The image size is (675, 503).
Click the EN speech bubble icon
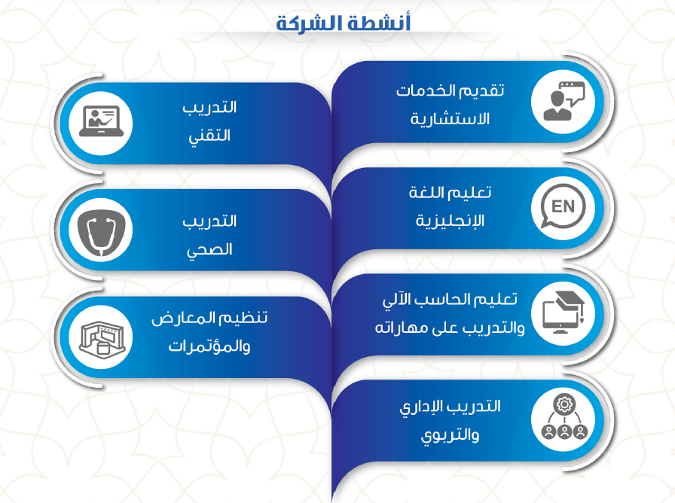pyautogui.click(x=563, y=206)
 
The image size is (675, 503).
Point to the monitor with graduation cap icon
pyautogui.click(x=563, y=312)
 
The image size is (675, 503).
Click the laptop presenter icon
pyautogui.click(x=101, y=122)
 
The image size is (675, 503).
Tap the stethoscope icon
pyautogui.click(x=101, y=230)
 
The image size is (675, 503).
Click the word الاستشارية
pyautogui.click(x=450, y=119)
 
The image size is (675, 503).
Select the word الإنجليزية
pyautogui.click(x=450, y=221)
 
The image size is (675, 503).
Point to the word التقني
pyautogui.click(x=209, y=136)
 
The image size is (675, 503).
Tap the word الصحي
pyautogui.click(x=209, y=249)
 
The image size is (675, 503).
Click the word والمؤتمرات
pyautogui.click(x=209, y=346)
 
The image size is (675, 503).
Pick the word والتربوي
pyautogui.click(x=450, y=435)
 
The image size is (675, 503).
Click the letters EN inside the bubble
pyautogui.click(x=563, y=206)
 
